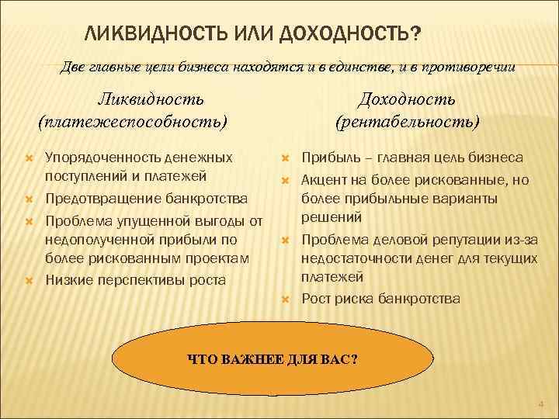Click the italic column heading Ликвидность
[151, 99]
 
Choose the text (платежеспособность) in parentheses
[133, 122]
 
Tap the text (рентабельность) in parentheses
[407, 122]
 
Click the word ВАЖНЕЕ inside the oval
[254, 359]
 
